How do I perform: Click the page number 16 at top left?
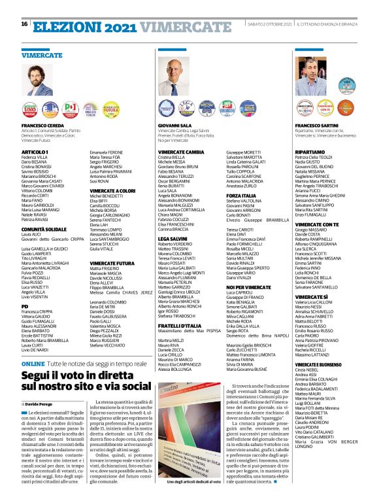pyautogui.click(x=24, y=6)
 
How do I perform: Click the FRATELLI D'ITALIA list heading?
pyautogui.click(x=180, y=326)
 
